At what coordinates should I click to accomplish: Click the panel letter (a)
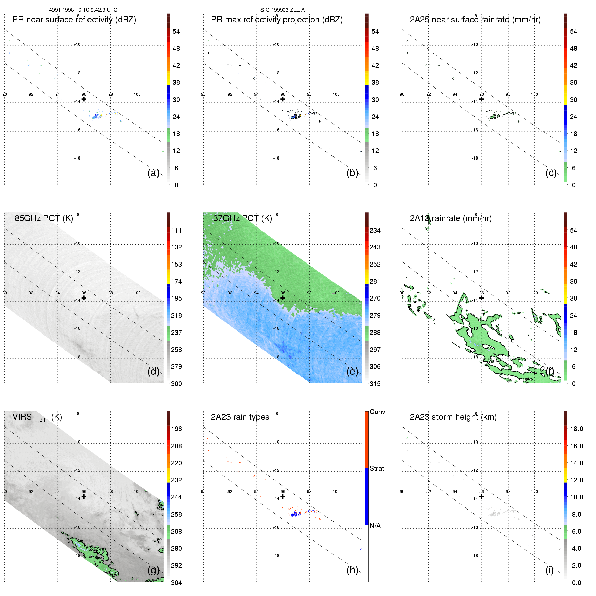(153, 173)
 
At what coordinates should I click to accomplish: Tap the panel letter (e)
(352, 371)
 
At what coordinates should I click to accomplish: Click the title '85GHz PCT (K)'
(44, 218)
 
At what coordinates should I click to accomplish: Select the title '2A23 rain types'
(240, 417)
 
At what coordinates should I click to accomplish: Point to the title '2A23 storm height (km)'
(453, 417)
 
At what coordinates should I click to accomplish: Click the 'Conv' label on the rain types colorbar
(377, 412)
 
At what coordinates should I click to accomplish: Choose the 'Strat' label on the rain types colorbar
(377, 468)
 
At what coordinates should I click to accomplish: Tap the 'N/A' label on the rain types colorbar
(375, 526)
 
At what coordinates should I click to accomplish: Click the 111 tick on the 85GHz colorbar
(176, 230)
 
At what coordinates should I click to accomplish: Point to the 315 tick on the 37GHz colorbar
(375, 384)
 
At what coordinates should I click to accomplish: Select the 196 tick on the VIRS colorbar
(176, 429)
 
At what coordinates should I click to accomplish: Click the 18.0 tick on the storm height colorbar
(576, 429)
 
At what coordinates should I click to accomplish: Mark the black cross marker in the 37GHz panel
(283, 298)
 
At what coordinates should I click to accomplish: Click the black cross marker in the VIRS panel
(84, 496)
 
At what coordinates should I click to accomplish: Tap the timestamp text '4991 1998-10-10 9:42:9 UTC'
(83, 10)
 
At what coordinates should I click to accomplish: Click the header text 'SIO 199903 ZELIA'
(282, 10)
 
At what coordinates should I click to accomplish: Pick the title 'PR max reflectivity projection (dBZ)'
(277, 20)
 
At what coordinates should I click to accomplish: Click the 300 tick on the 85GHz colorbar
(176, 384)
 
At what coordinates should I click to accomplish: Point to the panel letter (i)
(549, 570)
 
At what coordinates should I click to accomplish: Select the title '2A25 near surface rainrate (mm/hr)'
(475, 20)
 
